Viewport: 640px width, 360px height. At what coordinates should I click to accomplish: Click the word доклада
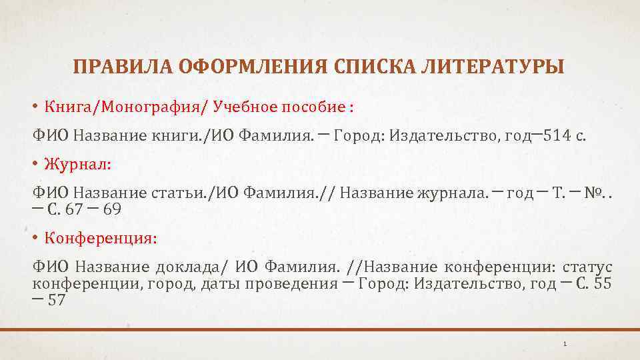click(x=193, y=268)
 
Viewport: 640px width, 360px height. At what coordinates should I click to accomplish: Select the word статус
click(x=587, y=268)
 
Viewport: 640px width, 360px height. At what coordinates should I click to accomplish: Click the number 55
click(x=602, y=283)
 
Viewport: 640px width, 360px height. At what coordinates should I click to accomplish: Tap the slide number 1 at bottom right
click(x=565, y=344)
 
